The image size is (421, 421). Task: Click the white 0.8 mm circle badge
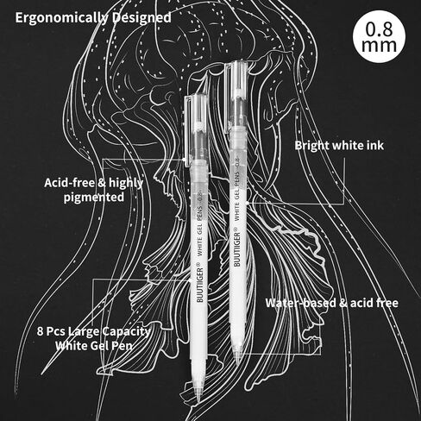(379, 36)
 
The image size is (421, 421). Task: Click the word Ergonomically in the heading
(62, 18)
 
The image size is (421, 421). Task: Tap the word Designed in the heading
(141, 17)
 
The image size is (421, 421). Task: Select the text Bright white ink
(339, 145)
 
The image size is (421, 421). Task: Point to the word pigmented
(94, 198)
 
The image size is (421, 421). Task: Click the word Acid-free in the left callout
(69, 183)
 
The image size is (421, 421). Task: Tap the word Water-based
(300, 303)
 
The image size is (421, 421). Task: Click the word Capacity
(126, 332)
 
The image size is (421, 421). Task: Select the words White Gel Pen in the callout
(94, 345)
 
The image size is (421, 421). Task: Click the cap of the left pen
(198, 128)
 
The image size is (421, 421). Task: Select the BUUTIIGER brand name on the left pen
(199, 285)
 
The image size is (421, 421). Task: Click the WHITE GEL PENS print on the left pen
(199, 227)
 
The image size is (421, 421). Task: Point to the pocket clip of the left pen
(186, 131)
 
